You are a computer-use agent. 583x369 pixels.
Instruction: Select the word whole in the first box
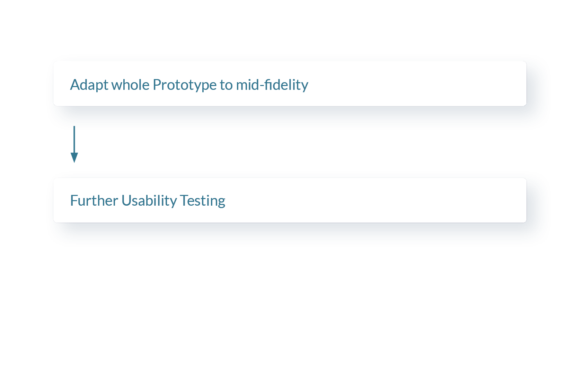pos(130,84)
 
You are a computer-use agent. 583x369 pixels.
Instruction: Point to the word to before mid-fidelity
pos(226,85)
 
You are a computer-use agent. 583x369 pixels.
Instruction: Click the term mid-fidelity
pos(272,85)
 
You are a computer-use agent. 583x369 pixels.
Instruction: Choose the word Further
pos(94,200)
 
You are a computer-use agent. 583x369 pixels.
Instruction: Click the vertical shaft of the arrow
pos(74,140)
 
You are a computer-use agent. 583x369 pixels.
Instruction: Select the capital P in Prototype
pos(157,85)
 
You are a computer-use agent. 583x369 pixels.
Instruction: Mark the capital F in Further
pos(74,200)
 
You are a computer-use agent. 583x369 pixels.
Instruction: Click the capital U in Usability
pos(126,200)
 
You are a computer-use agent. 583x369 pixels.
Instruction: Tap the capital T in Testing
pos(184,200)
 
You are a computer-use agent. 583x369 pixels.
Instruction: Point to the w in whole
pos(117,86)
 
